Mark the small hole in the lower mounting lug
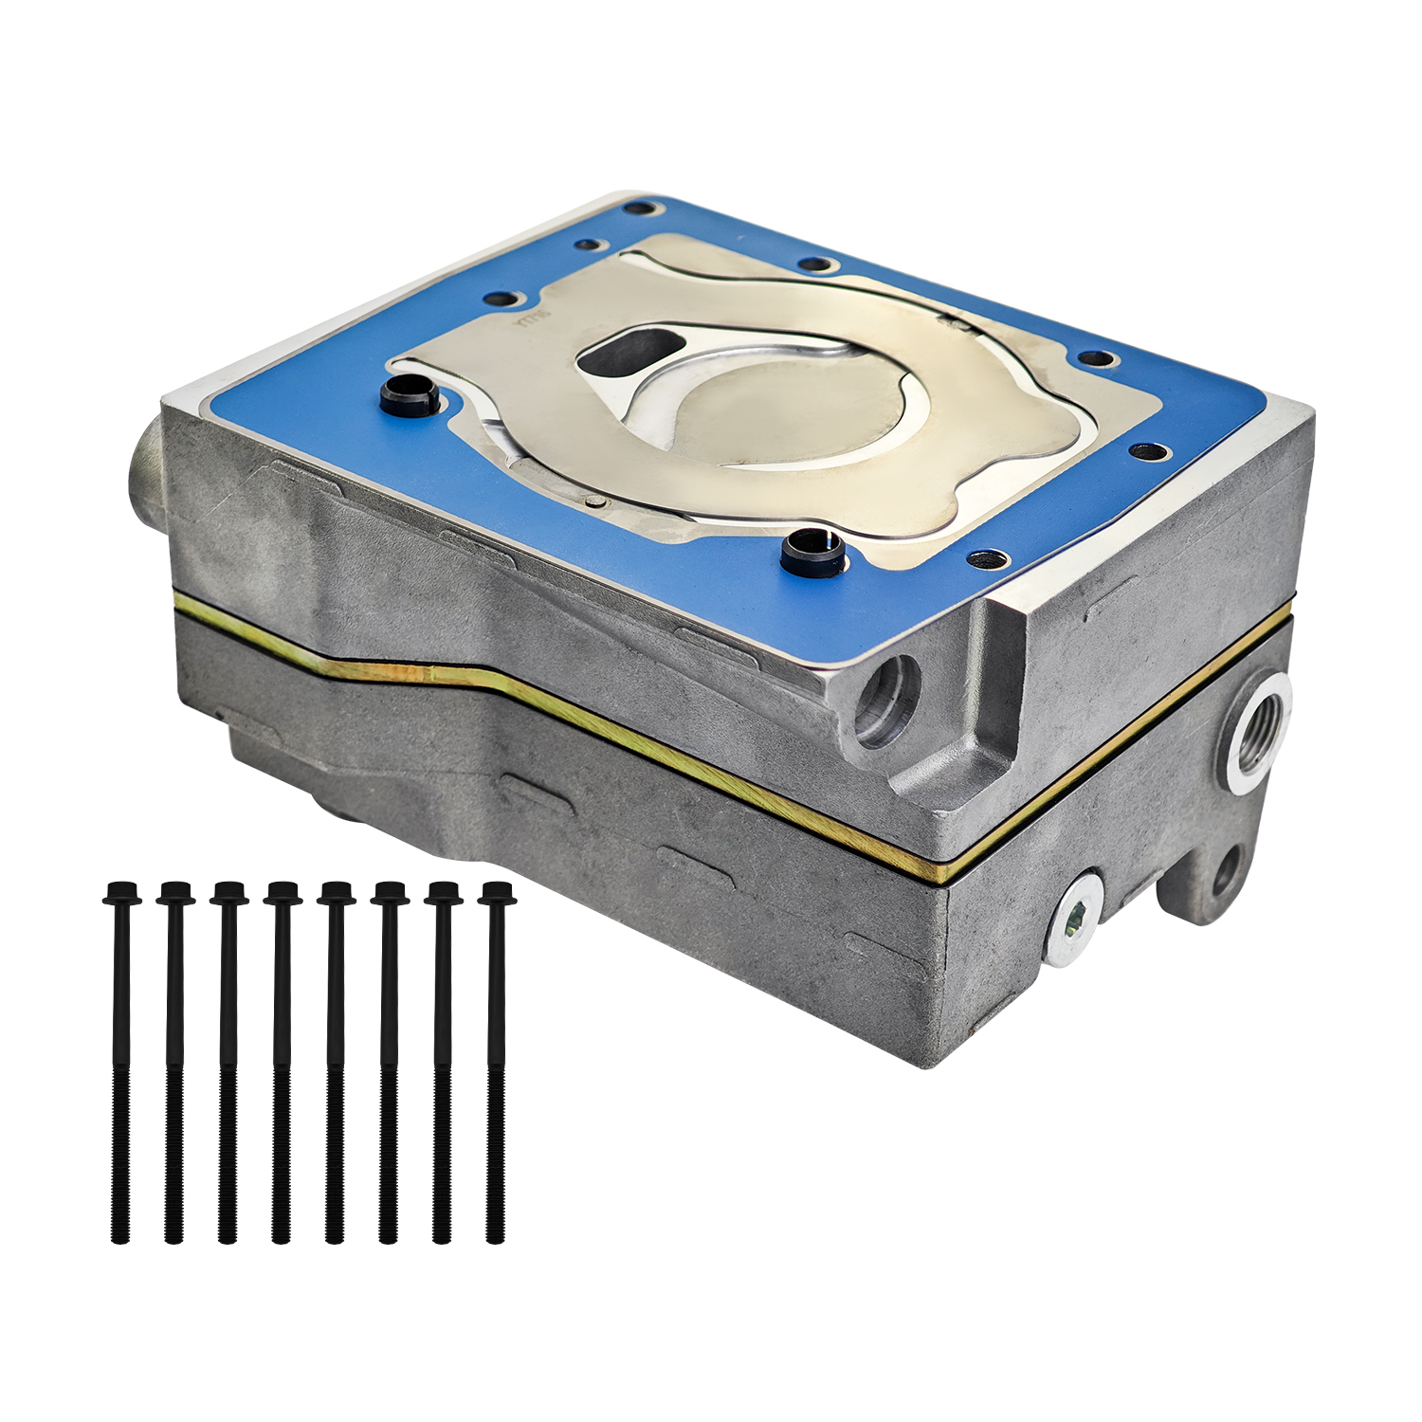pos(1225,870)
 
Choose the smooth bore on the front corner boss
pos(886,700)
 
